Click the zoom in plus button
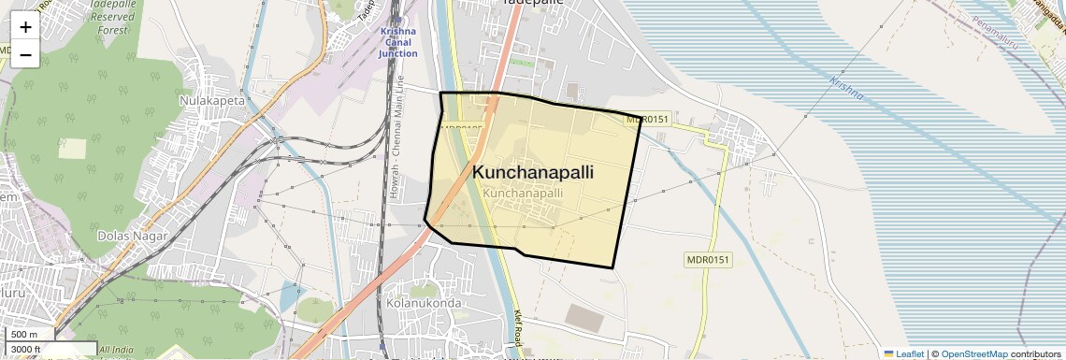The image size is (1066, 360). (x=25, y=27)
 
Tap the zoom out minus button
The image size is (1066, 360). (x=25, y=55)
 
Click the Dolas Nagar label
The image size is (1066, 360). (x=132, y=236)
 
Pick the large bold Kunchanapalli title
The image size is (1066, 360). (x=533, y=173)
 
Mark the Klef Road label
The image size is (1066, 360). (x=517, y=328)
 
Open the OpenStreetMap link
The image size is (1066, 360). (x=973, y=353)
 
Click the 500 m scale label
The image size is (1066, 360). (x=24, y=335)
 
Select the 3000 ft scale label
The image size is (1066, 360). (x=26, y=350)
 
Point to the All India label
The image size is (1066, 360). (x=117, y=350)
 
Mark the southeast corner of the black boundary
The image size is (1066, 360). (x=612, y=267)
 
